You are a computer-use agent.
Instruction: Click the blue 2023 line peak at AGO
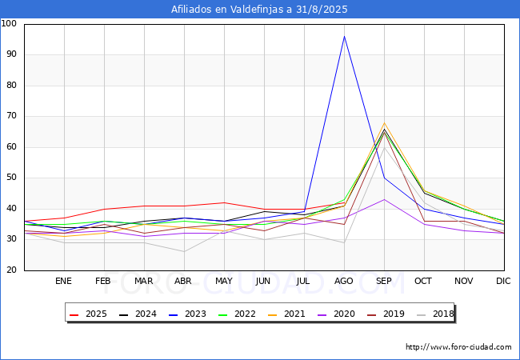344,36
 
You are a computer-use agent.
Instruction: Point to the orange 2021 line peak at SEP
384,122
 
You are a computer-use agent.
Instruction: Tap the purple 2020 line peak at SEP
384,199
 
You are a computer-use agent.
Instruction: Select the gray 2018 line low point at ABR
184,252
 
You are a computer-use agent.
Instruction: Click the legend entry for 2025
88,314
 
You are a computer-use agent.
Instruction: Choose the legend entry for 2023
187,314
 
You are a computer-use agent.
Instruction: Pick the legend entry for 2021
286,314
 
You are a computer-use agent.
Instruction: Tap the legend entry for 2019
386,314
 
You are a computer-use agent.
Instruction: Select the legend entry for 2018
434,314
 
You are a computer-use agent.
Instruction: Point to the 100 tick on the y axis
9,23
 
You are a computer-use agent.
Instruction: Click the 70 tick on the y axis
11,116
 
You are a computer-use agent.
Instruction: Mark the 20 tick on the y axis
11,270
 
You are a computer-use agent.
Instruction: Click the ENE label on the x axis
63,281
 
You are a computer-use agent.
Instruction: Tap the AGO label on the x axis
343,281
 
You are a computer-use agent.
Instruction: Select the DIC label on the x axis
503,281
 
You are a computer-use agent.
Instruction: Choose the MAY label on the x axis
224,281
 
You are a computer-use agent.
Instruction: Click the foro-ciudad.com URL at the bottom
458,347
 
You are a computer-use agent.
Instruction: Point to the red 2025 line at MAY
225,202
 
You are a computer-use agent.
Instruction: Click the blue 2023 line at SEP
384,178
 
